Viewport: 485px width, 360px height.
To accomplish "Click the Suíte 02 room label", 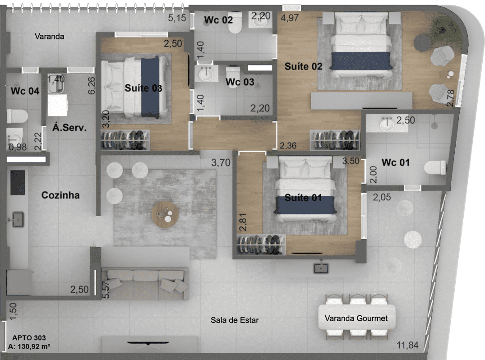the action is [303, 66].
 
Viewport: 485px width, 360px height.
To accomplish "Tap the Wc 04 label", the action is [25, 91].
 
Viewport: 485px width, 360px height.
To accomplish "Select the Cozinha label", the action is [60, 195].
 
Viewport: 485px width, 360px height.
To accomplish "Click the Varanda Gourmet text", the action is [356, 318].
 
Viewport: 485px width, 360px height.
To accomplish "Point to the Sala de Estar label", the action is [235, 320].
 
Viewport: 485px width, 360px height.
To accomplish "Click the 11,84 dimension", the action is [407, 345].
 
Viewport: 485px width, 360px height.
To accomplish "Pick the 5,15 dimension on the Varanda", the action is [177, 18].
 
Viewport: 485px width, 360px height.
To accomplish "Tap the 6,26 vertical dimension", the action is [92, 86].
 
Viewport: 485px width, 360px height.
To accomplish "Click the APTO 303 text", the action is [29, 338].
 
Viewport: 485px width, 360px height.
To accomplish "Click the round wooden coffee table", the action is [165, 214].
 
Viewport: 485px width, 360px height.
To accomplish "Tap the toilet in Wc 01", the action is [435, 167].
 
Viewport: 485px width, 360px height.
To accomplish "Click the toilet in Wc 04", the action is [17, 116].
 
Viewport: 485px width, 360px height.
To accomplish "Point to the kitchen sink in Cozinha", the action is [18, 220].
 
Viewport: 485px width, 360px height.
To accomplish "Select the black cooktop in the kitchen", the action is [18, 182].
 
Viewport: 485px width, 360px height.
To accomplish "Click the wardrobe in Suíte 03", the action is [125, 140].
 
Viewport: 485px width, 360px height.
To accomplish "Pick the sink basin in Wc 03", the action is [206, 74].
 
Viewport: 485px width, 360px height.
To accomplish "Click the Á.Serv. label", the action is [69, 127].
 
